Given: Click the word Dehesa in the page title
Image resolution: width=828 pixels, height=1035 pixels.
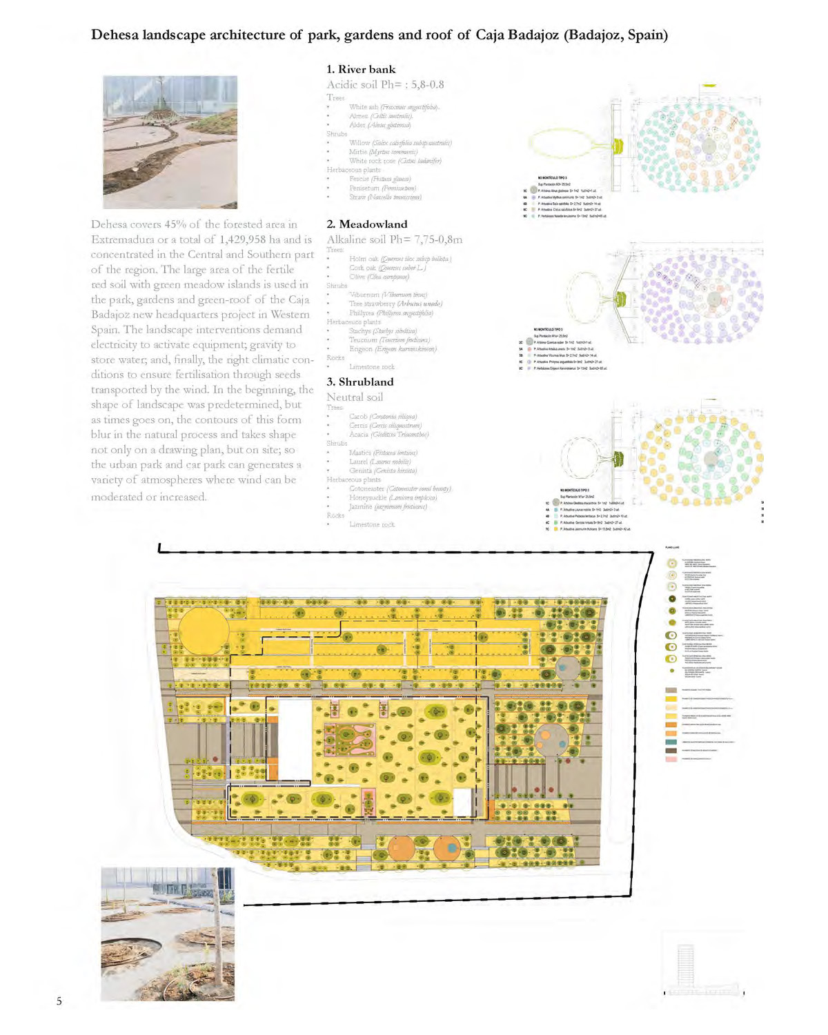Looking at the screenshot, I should coord(115,35).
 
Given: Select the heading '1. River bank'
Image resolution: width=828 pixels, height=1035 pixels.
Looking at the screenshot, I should coord(361,69).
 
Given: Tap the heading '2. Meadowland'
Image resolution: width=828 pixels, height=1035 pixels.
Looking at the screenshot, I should coord(366,224).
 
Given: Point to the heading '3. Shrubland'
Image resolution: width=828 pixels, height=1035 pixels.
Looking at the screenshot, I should coord(359,382).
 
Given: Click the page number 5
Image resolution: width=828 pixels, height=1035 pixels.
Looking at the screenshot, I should coord(59,1001).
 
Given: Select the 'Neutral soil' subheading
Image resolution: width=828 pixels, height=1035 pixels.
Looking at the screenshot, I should coord(355,397).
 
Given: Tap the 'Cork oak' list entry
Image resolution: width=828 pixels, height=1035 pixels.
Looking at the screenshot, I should coord(365,268).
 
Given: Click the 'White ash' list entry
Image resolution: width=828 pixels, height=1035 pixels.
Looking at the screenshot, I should coord(364,107).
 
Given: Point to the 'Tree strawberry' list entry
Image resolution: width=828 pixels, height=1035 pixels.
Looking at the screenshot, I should coord(372,304).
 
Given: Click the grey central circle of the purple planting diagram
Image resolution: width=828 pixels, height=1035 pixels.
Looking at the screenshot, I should coord(714,299).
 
